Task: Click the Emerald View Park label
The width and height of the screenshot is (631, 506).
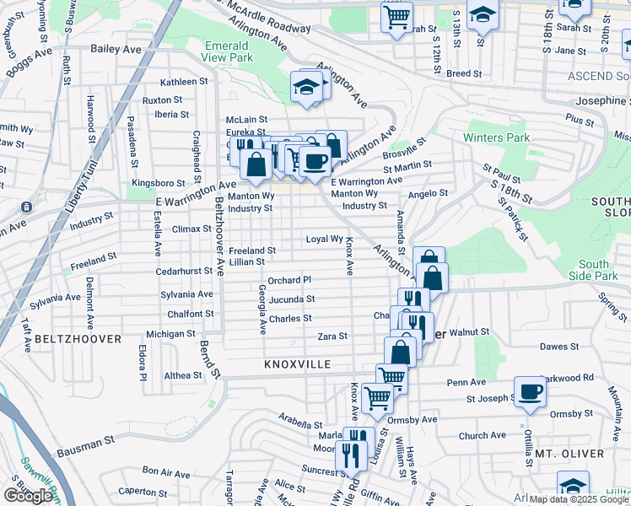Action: coord(227,51)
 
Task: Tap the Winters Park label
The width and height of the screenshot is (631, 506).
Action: coord(496,137)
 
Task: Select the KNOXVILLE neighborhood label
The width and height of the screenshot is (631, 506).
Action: coord(294,364)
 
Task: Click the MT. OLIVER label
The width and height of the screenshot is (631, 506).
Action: coord(569,454)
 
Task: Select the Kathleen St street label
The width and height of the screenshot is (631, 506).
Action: coord(184,82)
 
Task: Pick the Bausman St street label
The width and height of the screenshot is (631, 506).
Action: coord(86,441)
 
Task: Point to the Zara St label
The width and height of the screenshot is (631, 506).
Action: coord(332,336)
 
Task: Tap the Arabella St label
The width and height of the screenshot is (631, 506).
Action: coord(300,424)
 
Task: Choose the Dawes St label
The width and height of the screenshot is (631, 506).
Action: coord(558,346)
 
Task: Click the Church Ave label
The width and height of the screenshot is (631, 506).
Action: coord(482,435)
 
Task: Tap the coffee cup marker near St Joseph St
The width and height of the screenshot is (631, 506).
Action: coord(530,391)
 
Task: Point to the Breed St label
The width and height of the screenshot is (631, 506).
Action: coord(464,74)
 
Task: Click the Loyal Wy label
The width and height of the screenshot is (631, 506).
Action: coord(324,240)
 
